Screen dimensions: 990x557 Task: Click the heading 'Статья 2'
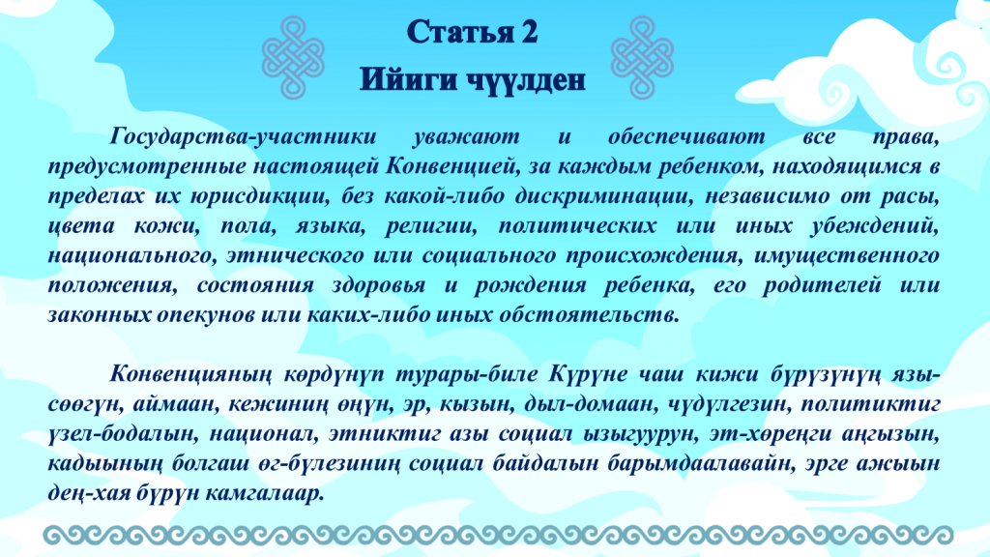pyautogui.click(x=472, y=32)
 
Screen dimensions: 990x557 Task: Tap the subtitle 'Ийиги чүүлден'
pyautogui.click(x=472, y=80)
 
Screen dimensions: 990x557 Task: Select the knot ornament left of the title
pyautogui.click(x=293, y=57)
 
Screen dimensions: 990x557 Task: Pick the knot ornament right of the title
pyautogui.click(x=642, y=57)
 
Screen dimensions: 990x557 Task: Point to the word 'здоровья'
pyautogui.click(x=379, y=286)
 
